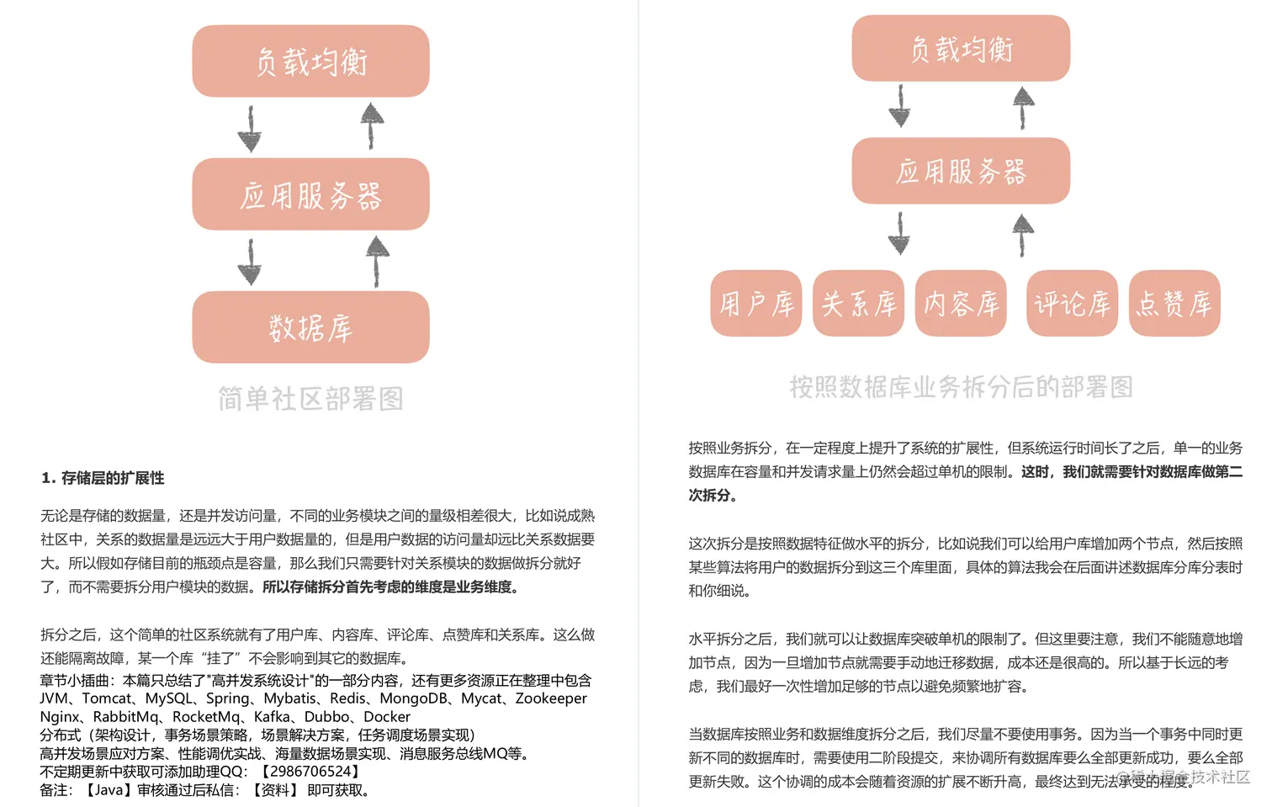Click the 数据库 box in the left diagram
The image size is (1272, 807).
310,327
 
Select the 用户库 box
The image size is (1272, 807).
755,304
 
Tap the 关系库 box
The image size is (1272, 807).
858,304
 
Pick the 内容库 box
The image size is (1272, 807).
961,304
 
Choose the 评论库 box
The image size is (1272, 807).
1072,304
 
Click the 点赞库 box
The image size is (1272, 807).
1174,304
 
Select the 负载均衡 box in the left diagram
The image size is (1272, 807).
310,61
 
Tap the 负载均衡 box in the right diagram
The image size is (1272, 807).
961,49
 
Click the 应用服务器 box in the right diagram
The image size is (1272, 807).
961,172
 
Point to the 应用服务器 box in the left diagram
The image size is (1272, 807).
310,194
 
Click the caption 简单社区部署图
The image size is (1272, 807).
310,398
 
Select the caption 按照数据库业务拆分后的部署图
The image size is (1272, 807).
961,387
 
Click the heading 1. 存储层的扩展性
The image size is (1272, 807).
103,478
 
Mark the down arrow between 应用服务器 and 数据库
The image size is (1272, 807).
250,262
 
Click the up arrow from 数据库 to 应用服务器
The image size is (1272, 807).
377,261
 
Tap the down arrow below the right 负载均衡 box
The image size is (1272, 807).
899,106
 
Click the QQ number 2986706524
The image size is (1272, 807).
310,772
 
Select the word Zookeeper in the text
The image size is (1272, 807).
551,698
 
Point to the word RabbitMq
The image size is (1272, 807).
125,717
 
